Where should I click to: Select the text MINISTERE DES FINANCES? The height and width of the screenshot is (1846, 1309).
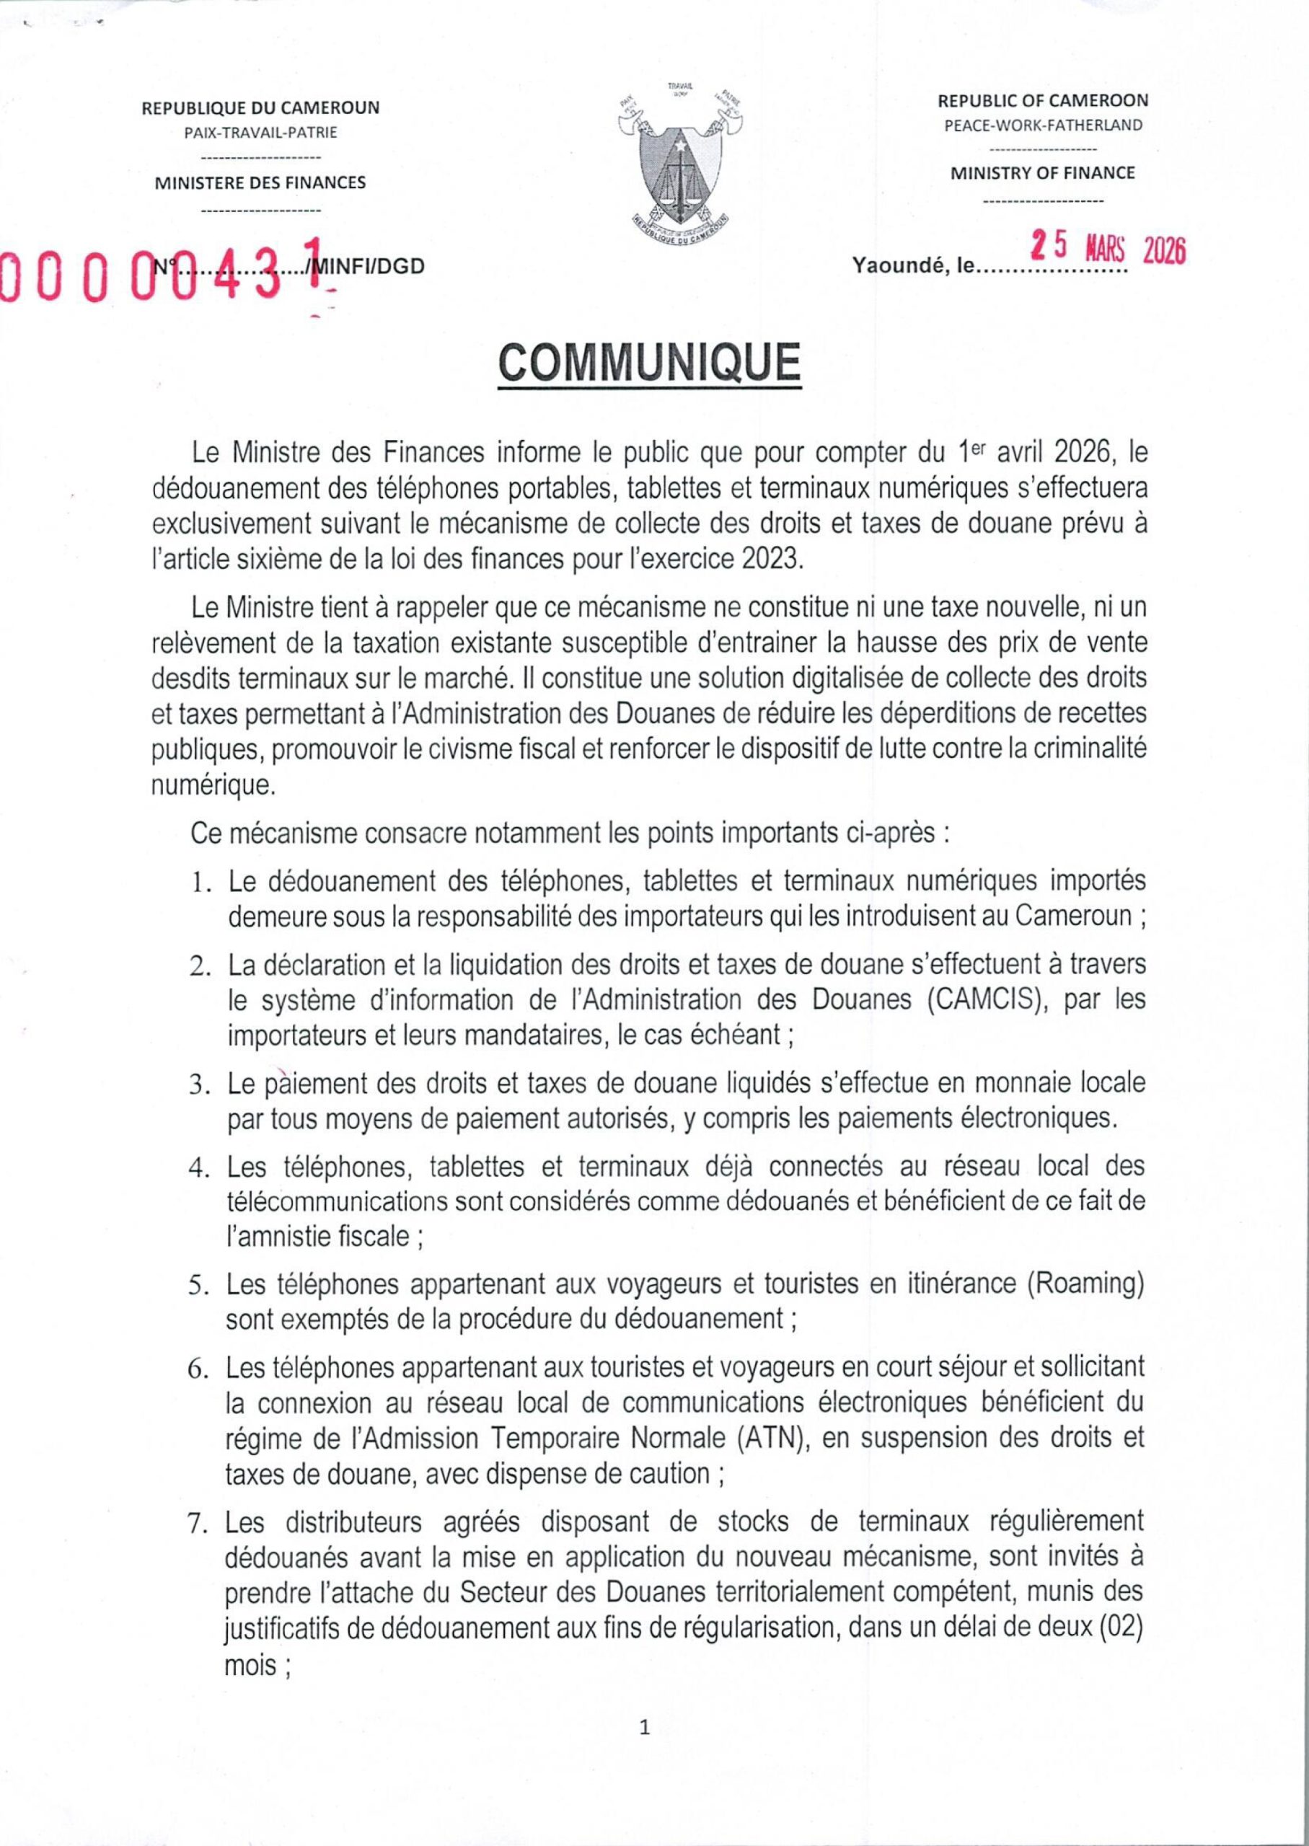[260, 183]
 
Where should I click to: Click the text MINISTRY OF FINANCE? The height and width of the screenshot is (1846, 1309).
[1043, 173]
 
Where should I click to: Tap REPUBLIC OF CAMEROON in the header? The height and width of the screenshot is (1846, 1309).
[1043, 101]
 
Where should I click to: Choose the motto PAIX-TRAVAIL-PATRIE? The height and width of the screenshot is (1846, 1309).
[260, 133]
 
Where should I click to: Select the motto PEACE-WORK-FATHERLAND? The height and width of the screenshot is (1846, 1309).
[1043, 125]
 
